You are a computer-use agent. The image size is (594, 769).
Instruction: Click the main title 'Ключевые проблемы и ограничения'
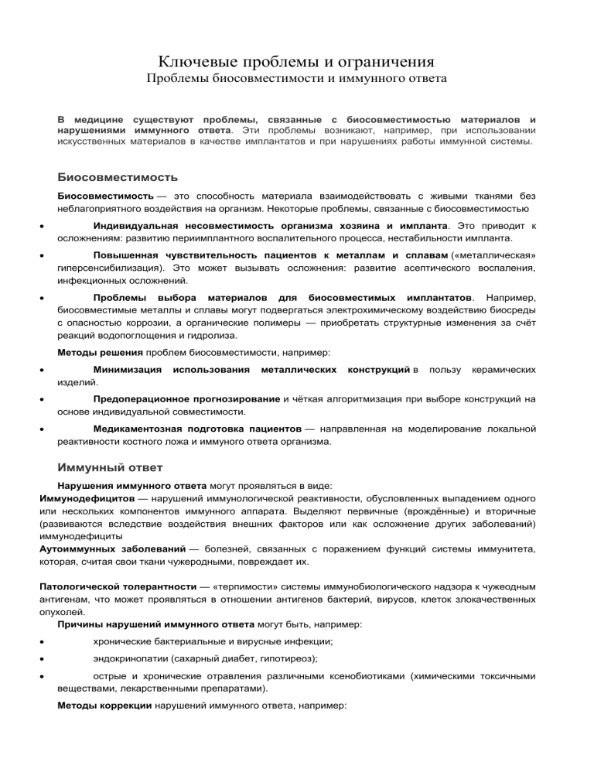296,60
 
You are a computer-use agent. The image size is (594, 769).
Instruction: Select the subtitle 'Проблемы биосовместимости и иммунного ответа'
296,80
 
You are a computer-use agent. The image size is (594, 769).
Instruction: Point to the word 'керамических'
504,372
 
